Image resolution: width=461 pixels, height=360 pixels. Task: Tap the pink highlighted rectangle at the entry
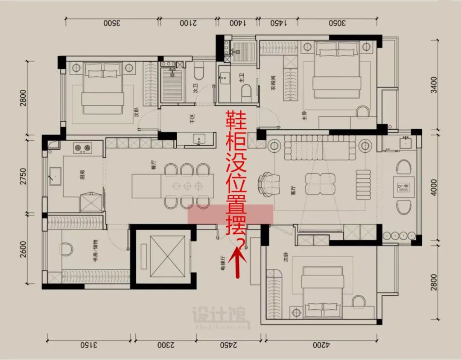click(230, 214)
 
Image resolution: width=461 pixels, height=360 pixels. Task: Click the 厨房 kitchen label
click(82, 175)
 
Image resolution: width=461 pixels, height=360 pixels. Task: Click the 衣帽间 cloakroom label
click(273, 80)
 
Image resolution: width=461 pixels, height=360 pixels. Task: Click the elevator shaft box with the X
click(161, 256)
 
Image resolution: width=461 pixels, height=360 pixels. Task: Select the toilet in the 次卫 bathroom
click(199, 73)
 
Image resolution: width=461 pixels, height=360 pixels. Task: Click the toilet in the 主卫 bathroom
click(246, 91)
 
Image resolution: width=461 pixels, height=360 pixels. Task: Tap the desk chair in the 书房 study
click(67, 249)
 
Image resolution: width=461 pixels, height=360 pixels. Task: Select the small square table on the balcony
click(403, 186)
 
